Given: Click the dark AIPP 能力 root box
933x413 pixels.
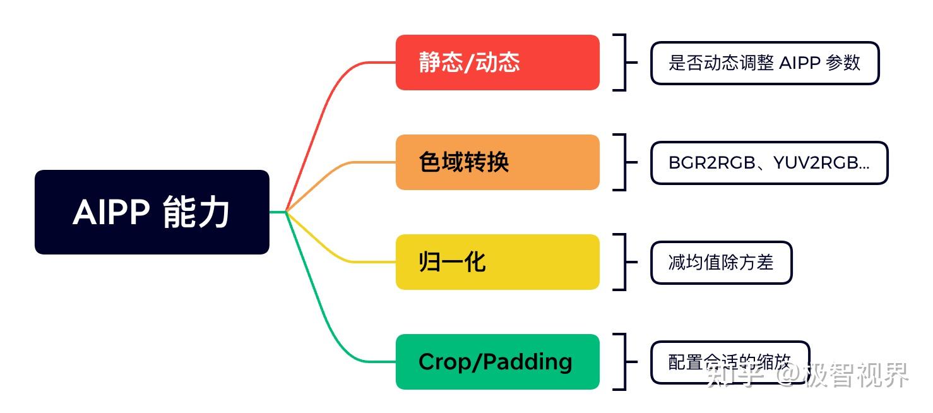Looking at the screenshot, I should (152, 212).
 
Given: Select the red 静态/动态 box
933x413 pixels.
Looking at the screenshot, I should (497, 63).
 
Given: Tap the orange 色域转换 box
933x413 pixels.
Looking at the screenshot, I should (497, 162).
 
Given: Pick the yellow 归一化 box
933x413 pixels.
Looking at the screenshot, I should (497, 262).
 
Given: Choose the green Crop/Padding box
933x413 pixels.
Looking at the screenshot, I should (497, 362).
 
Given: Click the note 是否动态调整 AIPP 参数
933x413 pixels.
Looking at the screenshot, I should (764, 63).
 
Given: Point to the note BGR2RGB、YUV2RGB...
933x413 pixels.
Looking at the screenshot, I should (769, 163).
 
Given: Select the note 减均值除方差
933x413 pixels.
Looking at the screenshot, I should (721, 263).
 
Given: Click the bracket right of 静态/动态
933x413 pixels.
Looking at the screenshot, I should (624, 63).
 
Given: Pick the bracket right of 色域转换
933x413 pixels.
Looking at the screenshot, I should (624, 162).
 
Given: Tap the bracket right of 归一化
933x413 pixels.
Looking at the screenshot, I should (624, 262).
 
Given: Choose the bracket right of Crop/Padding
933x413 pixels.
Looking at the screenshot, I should (624, 362).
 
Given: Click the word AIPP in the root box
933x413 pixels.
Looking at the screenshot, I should (110, 213).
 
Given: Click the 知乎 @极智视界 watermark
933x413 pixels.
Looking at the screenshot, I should (808, 376).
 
